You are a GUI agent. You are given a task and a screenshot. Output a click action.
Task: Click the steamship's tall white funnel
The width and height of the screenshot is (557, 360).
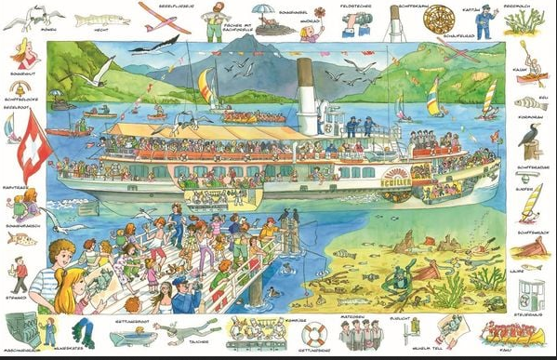point(306,93)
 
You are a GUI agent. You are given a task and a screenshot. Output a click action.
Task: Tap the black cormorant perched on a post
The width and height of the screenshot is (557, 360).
point(530,135)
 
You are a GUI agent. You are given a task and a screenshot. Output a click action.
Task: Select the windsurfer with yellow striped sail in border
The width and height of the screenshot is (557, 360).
point(530,202)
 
